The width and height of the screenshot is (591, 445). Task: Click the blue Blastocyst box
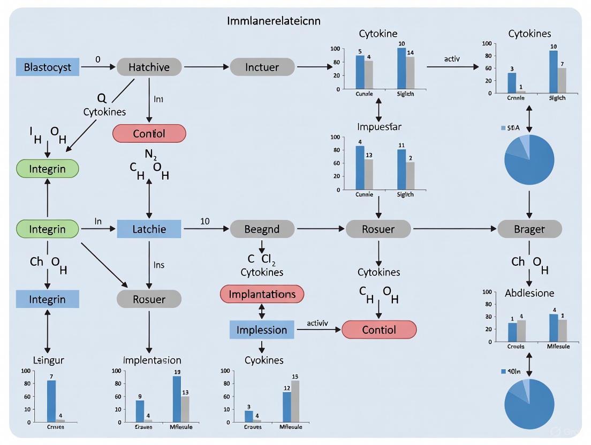click(51, 67)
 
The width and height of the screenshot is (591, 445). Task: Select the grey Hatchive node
click(149, 67)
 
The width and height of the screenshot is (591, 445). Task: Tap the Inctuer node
click(262, 67)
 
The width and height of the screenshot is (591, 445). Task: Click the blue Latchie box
click(149, 229)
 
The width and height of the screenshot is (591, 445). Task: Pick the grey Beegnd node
click(262, 229)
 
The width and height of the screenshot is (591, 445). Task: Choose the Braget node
click(529, 229)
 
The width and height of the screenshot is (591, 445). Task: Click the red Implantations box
click(262, 294)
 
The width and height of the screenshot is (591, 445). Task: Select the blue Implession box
click(262, 330)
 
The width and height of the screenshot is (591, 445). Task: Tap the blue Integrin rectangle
click(47, 300)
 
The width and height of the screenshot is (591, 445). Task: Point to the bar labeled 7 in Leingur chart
click(51, 401)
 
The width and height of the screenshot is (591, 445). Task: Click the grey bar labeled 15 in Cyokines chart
click(295, 401)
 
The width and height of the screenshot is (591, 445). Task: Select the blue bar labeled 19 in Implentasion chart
click(177, 398)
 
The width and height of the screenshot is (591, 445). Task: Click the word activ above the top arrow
click(452, 59)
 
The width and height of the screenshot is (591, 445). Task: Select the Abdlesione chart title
click(529, 293)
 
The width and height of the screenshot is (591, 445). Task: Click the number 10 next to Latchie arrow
click(204, 221)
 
